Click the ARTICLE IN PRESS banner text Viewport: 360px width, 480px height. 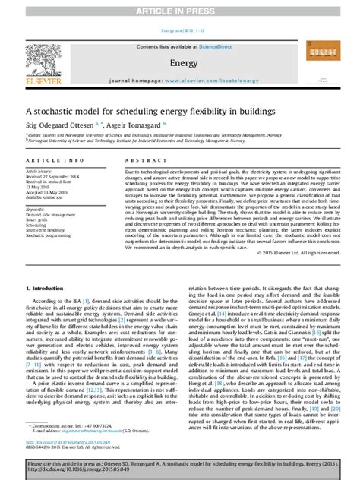click(179, 9)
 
